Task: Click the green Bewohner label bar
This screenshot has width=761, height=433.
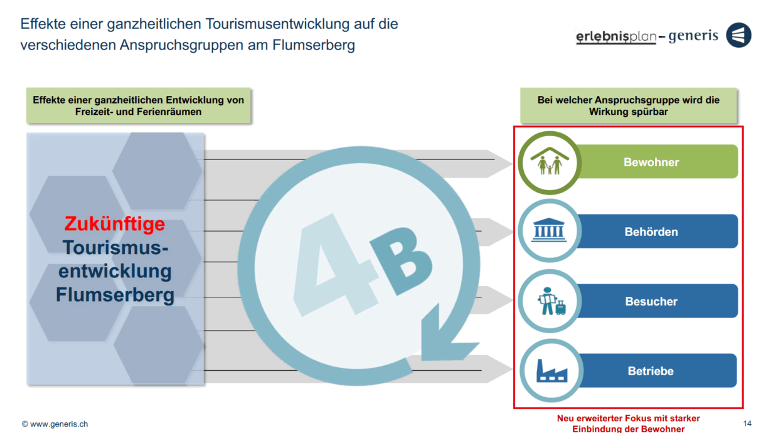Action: pyautogui.click(x=652, y=162)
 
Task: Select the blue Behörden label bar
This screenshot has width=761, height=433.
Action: pyautogui.click(x=652, y=232)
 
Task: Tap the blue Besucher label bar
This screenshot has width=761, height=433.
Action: pyautogui.click(x=652, y=301)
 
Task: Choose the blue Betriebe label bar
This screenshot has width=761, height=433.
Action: pyautogui.click(x=652, y=371)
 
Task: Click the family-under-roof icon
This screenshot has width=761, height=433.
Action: pyautogui.click(x=549, y=163)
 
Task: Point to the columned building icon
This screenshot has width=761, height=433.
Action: pyautogui.click(x=549, y=232)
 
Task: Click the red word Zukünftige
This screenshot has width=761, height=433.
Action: pyautogui.click(x=115, y=224)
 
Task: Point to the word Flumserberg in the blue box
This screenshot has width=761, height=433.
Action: pyautogui.click(x=115, y=294)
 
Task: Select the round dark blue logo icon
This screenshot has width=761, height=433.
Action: pyautogui.click(x=738, y=35)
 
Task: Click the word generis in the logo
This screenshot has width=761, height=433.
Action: pyautogui.click(x=693, y=36)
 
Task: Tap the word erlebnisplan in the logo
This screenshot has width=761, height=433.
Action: pyautogui.click(x=615, y=37)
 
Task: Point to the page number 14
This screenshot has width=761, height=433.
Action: pyautogui.click(x=747, y=423)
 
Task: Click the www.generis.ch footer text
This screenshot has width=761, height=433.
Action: pyautogui.click(x=55, y=424)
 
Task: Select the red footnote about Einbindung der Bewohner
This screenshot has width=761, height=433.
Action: pyautogui.click(x=628, y=424)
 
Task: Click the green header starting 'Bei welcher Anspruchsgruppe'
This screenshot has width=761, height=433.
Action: pyautogui.click(x=628, y=105)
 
